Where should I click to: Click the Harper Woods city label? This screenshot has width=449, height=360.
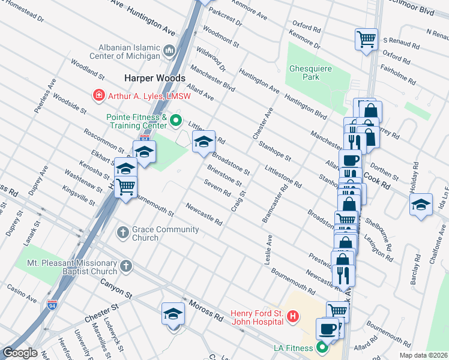tap(155, 78)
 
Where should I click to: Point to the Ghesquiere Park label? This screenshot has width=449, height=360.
tap(310, 73)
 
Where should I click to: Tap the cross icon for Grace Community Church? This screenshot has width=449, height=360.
tap(122, 232)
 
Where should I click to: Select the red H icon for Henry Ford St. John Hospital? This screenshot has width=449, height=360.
tap(292, 316)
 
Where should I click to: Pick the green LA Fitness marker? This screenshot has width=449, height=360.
tap(322, 347)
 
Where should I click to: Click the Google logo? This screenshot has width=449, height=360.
tap(19, 353)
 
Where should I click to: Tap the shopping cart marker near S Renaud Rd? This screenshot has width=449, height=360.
tap(366, 40)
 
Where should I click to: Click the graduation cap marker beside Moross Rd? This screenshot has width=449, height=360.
tap(173, 314)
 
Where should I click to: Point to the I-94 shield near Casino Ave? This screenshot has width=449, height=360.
tap(53, 305)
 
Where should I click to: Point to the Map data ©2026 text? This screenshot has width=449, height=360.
tap(423, 355)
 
